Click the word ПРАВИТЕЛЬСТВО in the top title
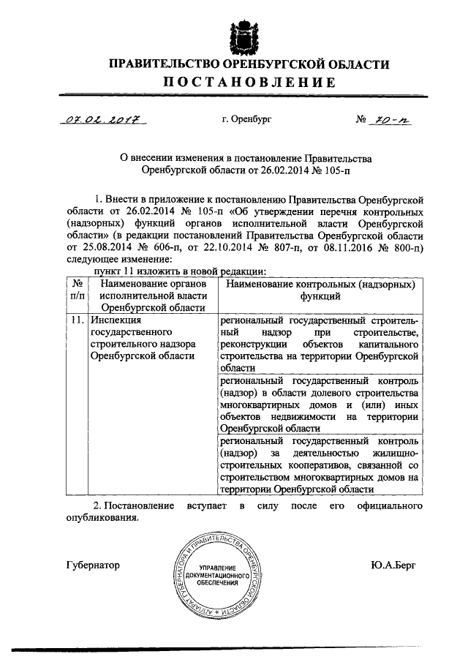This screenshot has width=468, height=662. coord(162,65)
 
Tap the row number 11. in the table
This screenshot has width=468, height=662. coord(76,321)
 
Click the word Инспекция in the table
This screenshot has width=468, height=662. coord(115,321)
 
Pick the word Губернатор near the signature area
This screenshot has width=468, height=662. coord(92,565)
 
